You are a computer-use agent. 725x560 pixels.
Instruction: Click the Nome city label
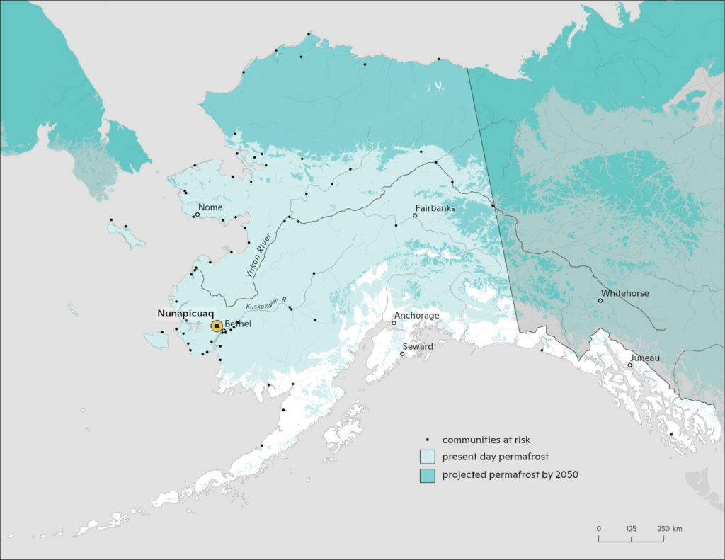pyautogui.click(x=211, y=207)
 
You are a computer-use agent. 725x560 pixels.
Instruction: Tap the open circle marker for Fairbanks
pyautogui.click(x=416, y=215)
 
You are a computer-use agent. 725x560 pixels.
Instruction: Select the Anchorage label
pyautogui.click(x=417, y=315)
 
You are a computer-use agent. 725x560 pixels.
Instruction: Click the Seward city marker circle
pyautogui.click(x=402, y=354)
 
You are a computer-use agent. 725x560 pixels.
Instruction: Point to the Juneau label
pyautogui.click(x=644, y=358)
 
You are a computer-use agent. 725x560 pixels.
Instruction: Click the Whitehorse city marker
pyautogui.click(x=600, y=300)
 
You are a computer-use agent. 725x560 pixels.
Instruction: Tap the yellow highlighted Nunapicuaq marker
pyautogui.click(x=217, y=326)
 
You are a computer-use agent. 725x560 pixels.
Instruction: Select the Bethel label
pyautogui.click(x=237, y=324)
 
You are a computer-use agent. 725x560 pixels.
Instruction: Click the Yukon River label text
pyautogui.click(x=258, y=256)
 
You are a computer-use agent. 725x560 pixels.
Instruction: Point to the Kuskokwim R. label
pyautogui.click(x=266, y=304)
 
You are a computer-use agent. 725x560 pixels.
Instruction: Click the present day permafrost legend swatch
pyautogui.click(x=427, y=457)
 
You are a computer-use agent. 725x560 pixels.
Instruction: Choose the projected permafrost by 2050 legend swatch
pyautogui.click(x=427, y=475)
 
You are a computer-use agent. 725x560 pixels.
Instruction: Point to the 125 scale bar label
pyautogui.click(x=631, y=529)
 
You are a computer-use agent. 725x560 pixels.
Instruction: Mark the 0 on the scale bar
pyautogui.click(x=599, y=529)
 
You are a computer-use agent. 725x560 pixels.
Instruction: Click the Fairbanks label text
pyautogui.click(x=435, y=208)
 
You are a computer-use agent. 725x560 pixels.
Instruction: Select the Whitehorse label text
pyautogui.click(x=625, y=293)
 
